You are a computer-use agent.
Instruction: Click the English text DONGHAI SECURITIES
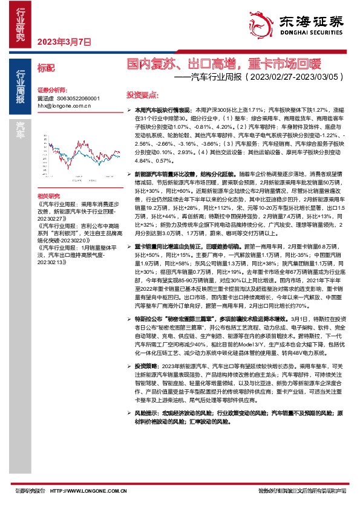point(312,34)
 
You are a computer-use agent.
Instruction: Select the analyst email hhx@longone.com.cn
point(64,105)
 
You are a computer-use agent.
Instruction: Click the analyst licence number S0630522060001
point(77,98)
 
